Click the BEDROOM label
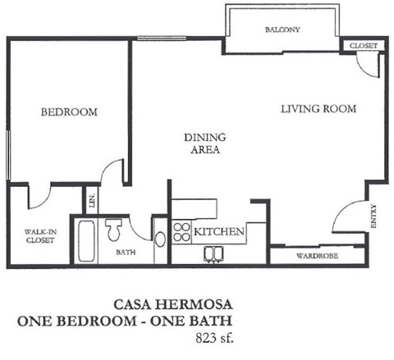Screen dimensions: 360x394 tap(69, 112)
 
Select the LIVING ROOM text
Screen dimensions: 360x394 tap(318, 108)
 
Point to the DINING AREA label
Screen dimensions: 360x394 tap(204, 144)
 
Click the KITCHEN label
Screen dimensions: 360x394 tap(219, 233)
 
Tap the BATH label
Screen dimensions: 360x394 tap(124, 253)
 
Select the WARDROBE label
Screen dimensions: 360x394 tap(315, 256)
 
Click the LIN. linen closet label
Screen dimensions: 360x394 tap(93, 200)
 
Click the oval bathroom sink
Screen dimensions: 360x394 tap(159, 239)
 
